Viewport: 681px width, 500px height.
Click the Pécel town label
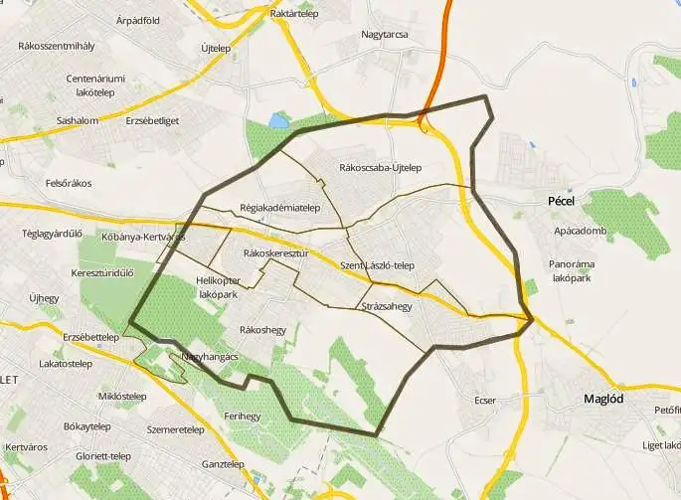562,200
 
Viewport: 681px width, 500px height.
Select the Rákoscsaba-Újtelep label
381,167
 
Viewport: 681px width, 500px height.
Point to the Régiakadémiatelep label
279,208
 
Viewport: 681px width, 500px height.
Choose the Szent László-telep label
377,265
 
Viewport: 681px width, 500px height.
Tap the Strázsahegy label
387,306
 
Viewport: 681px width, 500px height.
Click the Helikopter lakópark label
218,288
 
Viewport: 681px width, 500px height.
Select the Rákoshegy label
262,330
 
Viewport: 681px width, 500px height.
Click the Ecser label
485,401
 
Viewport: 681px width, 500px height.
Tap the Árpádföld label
138,19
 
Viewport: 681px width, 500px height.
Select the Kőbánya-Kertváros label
144,237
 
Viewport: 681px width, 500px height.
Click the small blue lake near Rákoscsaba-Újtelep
279,121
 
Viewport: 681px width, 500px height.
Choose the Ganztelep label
223,464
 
